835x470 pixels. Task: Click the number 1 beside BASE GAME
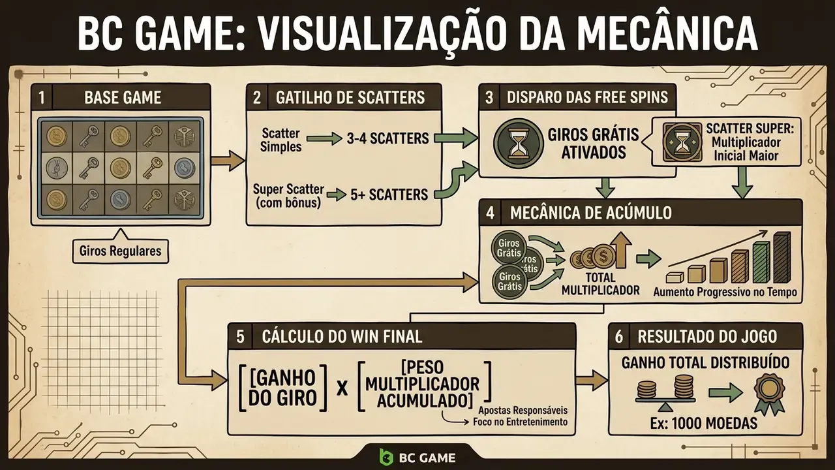click(41, 98)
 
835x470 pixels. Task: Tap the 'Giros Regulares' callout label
click(120, 251)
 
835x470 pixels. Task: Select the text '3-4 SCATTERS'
click(387, 138)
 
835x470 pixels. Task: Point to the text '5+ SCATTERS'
click(389, 195)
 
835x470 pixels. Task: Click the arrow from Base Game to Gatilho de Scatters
click(228, 161)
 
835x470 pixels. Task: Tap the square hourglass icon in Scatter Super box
click(682, 143)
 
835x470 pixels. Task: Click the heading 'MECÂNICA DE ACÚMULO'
click(591, 213)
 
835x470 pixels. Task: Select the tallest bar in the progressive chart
click(782, 257)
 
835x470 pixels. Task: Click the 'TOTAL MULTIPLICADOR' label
click(600, 284)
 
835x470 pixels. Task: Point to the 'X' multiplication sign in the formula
click(342, 388)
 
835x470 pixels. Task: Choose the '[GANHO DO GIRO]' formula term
click(282, 388)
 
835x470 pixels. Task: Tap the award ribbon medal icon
click(769, 394)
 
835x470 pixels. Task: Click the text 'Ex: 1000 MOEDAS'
click(703, 423)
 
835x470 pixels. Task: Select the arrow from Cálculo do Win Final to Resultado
click(592, 381)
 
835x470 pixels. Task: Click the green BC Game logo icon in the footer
click(386, 457)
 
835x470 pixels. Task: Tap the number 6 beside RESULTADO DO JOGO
click(619, 336)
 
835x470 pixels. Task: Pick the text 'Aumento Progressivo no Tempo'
click(725, 292)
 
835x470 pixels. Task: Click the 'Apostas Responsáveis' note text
click(523, 411)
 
